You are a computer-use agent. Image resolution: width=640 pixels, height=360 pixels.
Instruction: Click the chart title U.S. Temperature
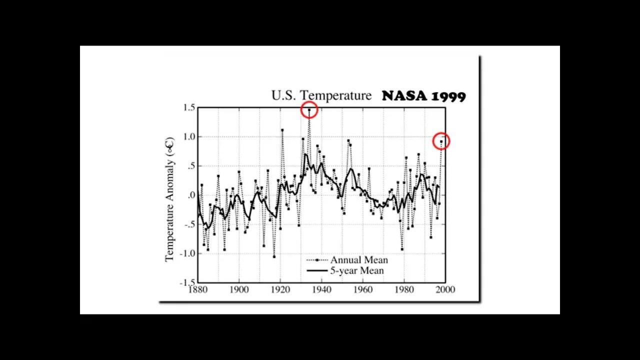point(321,95)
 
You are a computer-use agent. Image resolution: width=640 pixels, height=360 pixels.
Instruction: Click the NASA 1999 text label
point(423,96)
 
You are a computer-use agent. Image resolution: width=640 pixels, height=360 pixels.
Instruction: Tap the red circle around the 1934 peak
point(309,109)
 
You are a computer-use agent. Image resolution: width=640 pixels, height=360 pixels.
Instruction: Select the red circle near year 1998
point(441,141)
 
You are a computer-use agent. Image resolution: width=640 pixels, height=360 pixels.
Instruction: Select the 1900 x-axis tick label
point(238,289)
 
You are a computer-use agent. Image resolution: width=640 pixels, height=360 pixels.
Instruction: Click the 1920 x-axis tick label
point(280,289)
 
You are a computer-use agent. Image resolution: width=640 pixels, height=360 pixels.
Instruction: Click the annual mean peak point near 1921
point(282,130)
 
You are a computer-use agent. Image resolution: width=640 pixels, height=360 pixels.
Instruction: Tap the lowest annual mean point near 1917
point(274,256)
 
